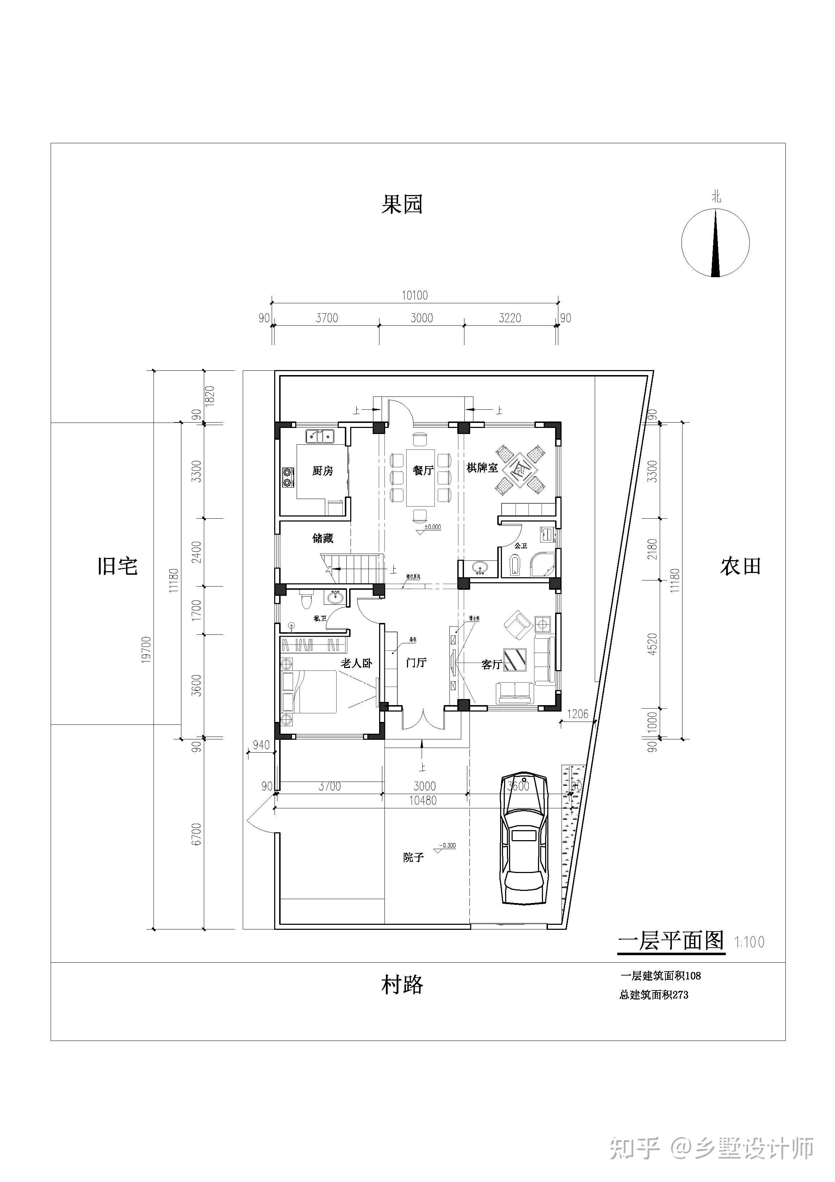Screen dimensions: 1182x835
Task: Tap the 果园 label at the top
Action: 402,204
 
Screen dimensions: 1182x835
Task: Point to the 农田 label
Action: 740,566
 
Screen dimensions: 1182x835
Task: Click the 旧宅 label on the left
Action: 118,566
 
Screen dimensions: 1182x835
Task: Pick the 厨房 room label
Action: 323,470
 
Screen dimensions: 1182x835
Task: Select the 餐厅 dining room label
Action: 423,470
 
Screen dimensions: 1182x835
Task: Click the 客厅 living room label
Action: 491,665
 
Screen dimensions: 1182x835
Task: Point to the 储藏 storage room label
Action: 323,538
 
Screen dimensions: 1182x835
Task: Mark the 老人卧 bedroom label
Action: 356,663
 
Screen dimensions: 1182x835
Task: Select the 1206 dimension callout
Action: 577,714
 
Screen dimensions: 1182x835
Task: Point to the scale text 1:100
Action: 749,942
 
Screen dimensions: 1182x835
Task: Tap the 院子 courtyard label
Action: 413,857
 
